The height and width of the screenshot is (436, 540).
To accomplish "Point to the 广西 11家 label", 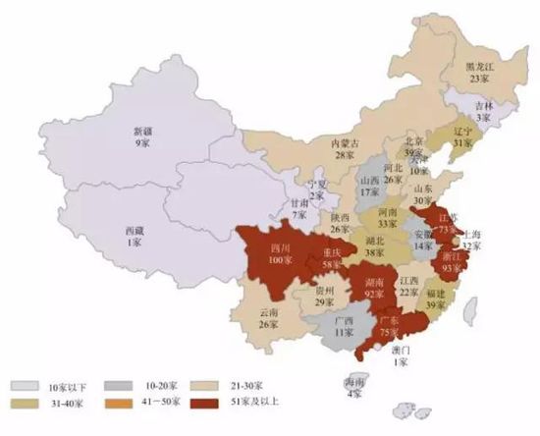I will click(345, 327).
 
